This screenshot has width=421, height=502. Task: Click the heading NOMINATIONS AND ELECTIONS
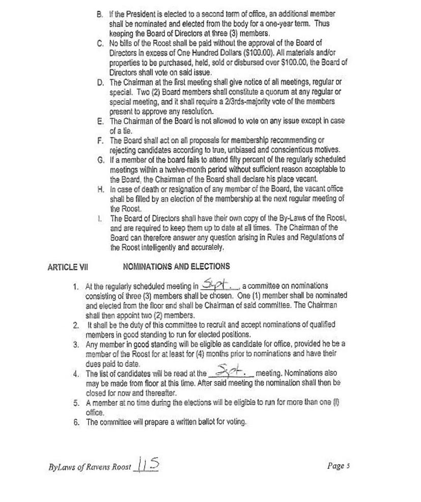tap(176, 266)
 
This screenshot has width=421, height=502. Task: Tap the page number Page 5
tap(339, 465)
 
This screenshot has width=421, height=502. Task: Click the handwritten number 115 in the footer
tap(147, 464)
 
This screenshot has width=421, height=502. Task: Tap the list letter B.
tap(100, 14)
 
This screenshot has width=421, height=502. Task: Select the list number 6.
tap(76, 422)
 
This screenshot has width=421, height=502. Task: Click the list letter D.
tap(100, 82)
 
